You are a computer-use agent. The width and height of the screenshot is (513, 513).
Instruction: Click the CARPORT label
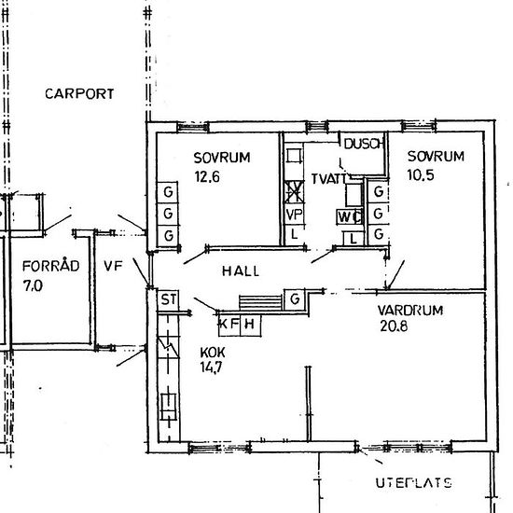(79, 93)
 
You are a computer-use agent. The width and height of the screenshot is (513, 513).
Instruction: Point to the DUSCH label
(363, 144)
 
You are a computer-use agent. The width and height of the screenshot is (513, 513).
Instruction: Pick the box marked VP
(294, 214)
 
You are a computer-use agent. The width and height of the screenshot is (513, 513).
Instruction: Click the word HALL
(240, 271)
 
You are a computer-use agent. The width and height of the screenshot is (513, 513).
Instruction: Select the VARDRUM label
(409, 311)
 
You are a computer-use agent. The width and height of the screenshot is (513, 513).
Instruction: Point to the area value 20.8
(394, 328)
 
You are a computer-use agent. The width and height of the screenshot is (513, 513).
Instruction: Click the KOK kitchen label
(213, 354)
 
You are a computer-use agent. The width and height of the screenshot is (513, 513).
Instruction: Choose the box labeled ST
(168, 299)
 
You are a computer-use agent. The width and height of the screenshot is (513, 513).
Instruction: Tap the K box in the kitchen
(224, 324)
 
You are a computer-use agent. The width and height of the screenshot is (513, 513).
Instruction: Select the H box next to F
(249, 324)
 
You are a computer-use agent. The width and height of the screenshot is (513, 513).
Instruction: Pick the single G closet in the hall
(294, 299)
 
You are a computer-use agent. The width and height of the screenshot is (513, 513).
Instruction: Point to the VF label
(112, 266)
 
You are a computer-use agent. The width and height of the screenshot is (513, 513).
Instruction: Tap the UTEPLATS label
(413, 483)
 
